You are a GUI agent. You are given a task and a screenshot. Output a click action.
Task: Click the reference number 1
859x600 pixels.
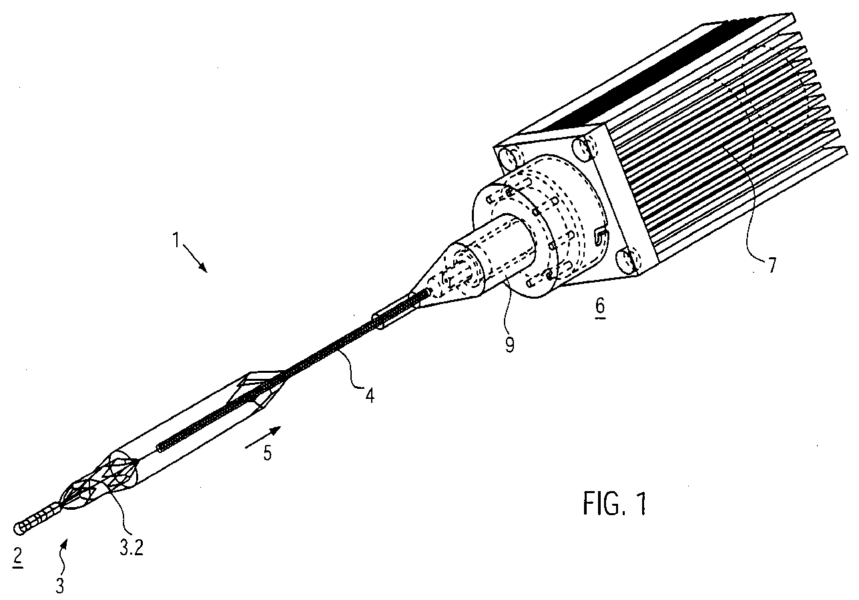(176, 241)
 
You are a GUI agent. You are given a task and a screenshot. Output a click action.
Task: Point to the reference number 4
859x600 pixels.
(370, 396)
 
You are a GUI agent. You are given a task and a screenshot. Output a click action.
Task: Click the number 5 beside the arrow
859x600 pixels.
(267, 453)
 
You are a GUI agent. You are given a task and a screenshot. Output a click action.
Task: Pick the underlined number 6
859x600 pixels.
(600, 307)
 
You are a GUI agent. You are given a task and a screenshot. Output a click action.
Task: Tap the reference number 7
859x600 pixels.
(771, 265)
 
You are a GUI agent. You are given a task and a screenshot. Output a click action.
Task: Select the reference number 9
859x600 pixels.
(509, 345)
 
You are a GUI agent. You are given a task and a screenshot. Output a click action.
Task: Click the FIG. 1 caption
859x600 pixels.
(614, 504)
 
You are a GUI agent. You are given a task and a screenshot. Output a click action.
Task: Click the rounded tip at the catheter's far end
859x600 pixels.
(19, 528)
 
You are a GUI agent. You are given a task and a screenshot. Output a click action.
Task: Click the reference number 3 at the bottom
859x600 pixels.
(60, 586)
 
